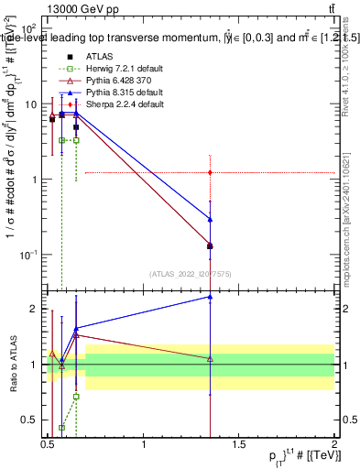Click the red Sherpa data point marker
[x=211, y=172]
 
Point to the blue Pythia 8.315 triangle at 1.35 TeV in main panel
[x=211, y=219]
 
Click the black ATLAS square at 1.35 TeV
[x=211, y=245]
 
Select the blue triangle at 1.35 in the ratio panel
[x=211, y=297]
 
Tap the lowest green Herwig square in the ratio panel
[x=61, y=427]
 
